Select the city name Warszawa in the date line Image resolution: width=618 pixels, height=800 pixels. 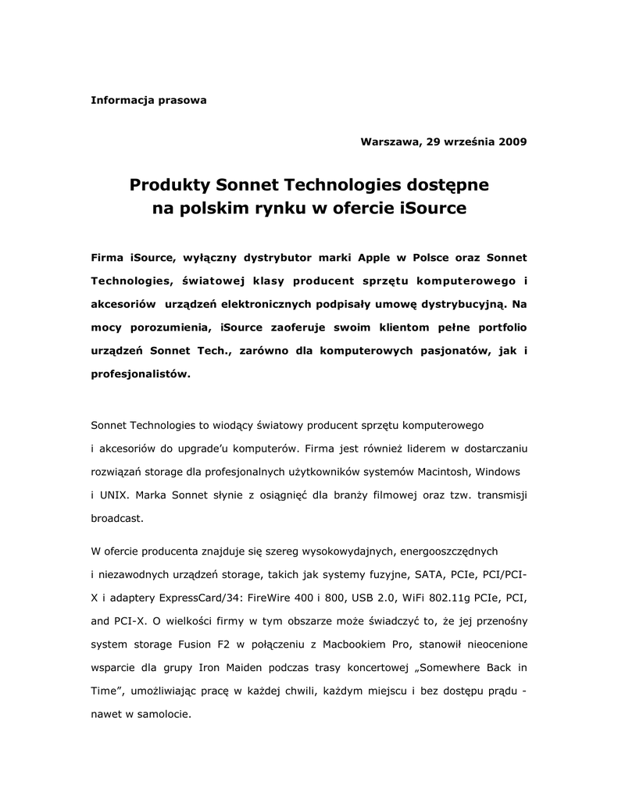tap(388, 142)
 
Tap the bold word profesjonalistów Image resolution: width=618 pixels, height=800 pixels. tap(140, 374)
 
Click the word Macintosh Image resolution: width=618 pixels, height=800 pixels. tap(441, 472)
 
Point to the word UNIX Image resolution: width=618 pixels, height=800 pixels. tap(113, 495)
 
